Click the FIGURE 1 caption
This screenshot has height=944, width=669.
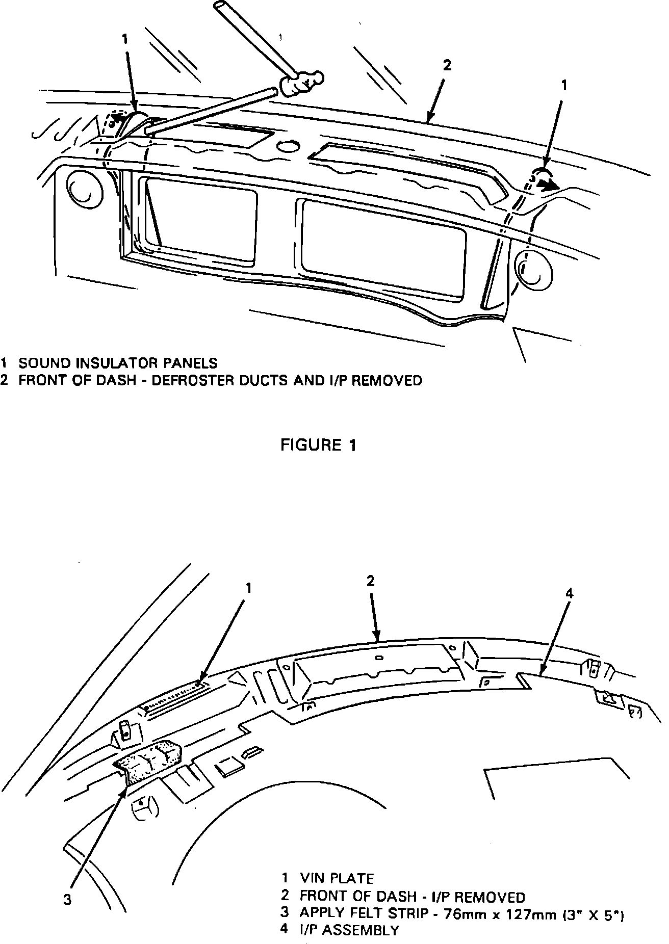tap(319, 445)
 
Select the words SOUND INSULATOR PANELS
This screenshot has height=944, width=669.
tap(118, 363)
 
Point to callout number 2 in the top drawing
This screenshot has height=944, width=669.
tap(447, 65)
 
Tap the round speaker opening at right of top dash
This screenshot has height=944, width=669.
tap(532, 269)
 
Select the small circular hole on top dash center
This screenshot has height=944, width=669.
tap(290, 146)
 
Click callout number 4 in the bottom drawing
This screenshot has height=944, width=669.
tap(570, 593)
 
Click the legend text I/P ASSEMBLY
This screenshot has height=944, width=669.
tap(349, 930)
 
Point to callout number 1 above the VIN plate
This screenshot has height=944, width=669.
tap(248, 588)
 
